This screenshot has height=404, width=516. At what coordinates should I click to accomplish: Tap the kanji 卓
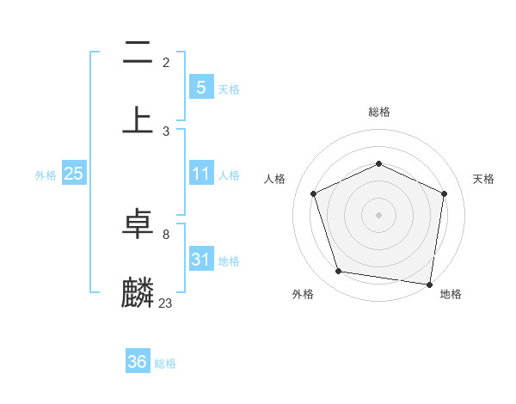pos(138,226)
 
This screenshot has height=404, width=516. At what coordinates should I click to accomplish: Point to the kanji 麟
pos(138,292)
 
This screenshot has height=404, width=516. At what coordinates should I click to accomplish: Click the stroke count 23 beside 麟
pos(166,303)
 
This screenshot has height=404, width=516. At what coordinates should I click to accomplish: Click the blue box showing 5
pos(200,88)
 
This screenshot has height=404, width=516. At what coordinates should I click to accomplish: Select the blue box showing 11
pos(200,174)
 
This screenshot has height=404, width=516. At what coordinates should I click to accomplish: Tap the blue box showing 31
pos(200,260)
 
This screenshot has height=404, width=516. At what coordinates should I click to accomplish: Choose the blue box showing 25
pos(73,174)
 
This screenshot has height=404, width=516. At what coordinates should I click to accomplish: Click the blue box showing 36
pos(137,362)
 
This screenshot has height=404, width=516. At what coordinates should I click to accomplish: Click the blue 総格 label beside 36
pos(165,364)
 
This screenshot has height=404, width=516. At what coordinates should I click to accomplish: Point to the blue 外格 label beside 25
pos(46,175)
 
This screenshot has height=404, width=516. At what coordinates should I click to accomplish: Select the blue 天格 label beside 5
pos(229,89)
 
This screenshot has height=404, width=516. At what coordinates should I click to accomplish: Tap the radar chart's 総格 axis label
pos(378,112)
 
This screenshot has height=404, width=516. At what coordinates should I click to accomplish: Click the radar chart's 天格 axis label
pos(483,179)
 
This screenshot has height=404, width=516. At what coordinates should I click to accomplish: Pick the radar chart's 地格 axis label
pos(451,294)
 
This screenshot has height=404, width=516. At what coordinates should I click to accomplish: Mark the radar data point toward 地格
pos(429,284)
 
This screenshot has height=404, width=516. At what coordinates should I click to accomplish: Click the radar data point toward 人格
pos(314,193)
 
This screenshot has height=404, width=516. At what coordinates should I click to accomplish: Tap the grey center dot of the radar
pos(378,214)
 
